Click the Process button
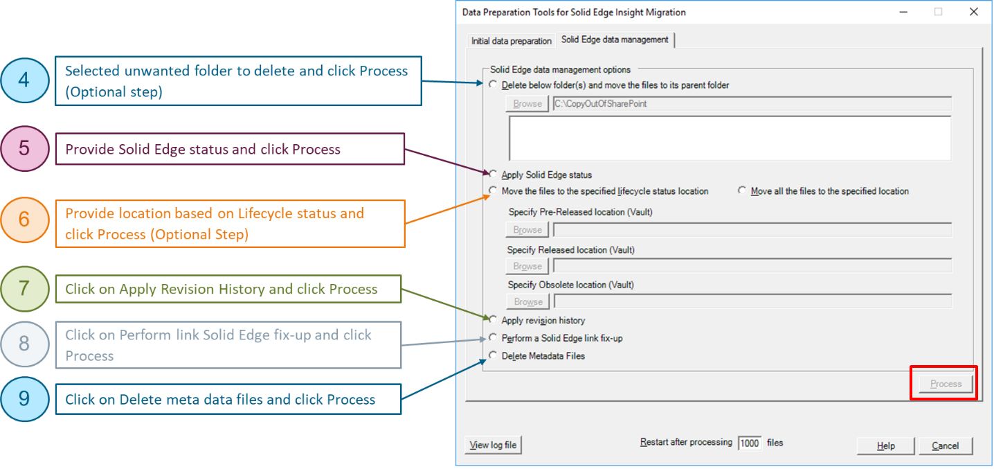(x=946, y=384)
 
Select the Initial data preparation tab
(x=512, y=41)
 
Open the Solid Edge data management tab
(x=615, y=39)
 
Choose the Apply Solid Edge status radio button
(x=493, y=175)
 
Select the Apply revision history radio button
(x=493, y=320)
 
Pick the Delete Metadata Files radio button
(x=493, y=356)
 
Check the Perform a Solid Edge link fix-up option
(x=493, y=338)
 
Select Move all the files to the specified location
(x=743, y=191)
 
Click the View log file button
(x=493, y=445)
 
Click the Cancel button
(x=945, y=445)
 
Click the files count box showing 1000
(x=749, y=443)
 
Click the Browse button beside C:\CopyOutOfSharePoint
(x=527, y=104)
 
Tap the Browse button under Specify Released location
(x=527, y=266)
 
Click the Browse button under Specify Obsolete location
(x=527, y=301)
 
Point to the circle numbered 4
(x=24, y=80)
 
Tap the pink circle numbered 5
(x=24, y=148)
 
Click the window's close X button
(x=973, y=12)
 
